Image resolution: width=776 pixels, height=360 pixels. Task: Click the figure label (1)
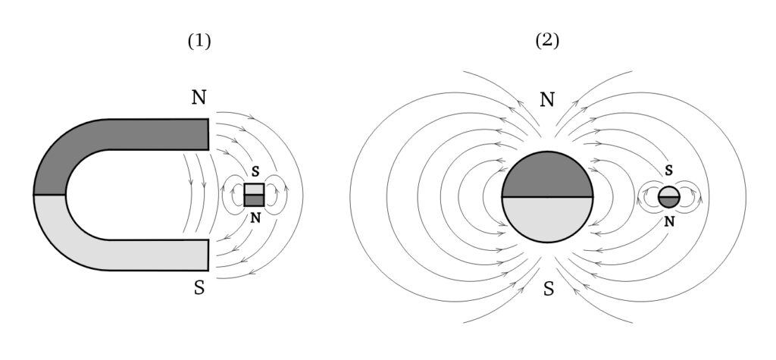pos(199,42)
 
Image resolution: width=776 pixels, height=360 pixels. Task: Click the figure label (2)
pos(547,42)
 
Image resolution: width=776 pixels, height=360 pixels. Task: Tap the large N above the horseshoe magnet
pos(199,98)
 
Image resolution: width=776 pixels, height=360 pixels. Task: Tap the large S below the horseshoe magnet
pos(199,290)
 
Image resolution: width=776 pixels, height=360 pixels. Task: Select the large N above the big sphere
pos(547,99)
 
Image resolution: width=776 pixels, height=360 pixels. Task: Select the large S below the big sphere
pos(547,289)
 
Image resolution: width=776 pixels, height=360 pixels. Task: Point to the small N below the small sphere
pos(669,221)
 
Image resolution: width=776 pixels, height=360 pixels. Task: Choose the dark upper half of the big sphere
pos(546,176)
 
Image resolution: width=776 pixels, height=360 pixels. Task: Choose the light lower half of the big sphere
pos(546,218)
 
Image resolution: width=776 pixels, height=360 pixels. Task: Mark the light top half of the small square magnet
pos(254,189)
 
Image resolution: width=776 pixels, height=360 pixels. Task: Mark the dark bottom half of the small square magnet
pos(254,201)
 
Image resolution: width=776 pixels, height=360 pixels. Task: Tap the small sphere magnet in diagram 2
pos(669,196)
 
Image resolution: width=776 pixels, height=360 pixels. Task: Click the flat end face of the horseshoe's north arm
pos(208,134)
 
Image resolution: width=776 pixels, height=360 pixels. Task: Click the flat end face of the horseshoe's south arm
pos(208,254)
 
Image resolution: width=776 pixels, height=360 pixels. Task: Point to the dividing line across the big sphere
pos(546,197)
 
